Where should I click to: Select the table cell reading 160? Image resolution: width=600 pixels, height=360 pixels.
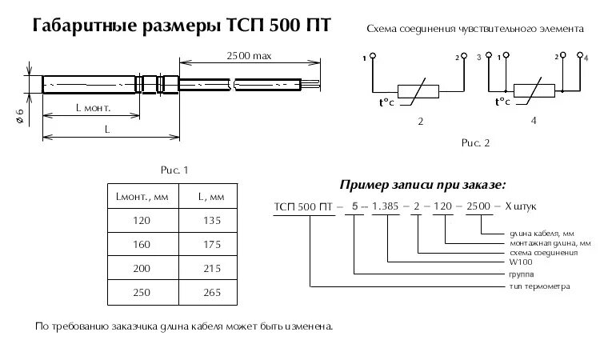click(142, 242)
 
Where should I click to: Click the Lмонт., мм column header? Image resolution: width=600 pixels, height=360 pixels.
click(142, 196)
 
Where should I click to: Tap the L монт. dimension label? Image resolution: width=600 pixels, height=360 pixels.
click(91, 106)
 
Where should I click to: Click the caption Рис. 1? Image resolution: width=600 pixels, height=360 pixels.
click(174, 170)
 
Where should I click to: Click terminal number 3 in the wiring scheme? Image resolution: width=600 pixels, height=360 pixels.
click(478, 58)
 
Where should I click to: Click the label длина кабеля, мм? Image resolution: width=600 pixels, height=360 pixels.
click(537, 233)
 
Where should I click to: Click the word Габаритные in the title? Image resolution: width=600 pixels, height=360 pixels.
click(84, 27)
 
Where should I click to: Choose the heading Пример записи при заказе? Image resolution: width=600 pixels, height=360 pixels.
click(422, 185)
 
